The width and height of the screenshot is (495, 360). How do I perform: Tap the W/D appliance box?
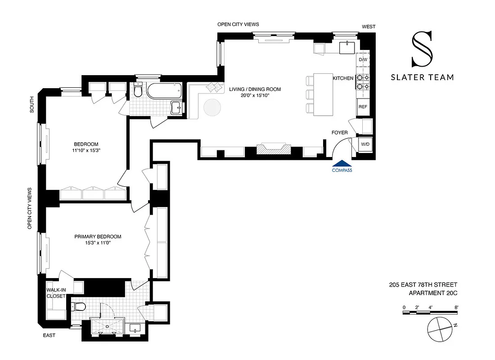click(x=364, y=144)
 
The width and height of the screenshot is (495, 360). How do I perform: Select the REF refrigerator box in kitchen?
click(x=363, y=107)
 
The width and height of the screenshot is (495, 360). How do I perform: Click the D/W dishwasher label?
click(x=363, y=60)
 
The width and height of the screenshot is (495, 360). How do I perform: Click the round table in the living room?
click(x=212, y=108)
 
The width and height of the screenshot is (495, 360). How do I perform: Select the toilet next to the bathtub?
click(x=138, y=91)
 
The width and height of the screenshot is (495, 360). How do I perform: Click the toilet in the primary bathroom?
click(x=79, y=307)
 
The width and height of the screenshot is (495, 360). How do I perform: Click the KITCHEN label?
click(x=343, y=78)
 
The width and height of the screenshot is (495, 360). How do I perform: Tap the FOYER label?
click(x=339, y=133)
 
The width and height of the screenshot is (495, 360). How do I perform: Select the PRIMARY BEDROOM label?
click(x=98, y=237)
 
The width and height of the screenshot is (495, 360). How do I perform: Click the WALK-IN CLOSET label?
click(x=56, y=293)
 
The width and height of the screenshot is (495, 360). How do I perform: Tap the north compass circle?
click(x=438, y=331)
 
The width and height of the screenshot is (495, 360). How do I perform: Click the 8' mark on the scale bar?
click(x=456, y=307)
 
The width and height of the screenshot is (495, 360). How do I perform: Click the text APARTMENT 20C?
click(x=432, y=293)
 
